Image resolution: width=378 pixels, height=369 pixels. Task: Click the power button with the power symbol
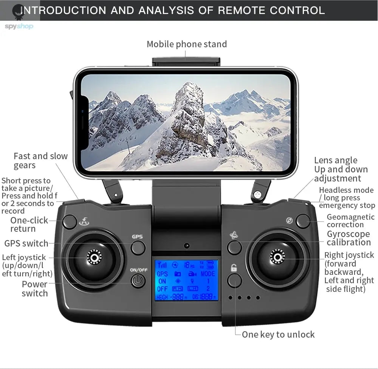coord(138,281)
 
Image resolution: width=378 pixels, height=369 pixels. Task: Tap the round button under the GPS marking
coord(138,248)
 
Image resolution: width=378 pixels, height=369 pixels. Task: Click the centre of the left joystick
coord(94,257)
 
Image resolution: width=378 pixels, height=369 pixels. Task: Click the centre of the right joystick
coord(278,257)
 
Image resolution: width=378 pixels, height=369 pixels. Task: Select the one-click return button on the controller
coord(70,222)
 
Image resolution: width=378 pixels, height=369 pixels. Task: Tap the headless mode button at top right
coord(303,221)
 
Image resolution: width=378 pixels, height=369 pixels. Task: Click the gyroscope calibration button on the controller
coord(234,248)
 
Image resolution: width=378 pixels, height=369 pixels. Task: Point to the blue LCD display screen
coord(186,280)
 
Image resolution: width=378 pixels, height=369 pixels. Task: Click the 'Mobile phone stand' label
coord(187,44)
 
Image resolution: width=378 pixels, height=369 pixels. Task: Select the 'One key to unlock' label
coord(278,334)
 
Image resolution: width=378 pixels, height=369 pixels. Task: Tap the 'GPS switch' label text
coord(26,243)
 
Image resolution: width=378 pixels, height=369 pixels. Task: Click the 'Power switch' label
coord(35,288)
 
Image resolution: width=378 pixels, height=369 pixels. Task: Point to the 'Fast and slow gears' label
coord(40,161)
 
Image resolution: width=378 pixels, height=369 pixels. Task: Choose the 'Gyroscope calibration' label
coord(349,238)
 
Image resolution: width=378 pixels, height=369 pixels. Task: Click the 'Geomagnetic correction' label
coord(350,221)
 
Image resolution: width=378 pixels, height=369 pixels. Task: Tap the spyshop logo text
coord(19,26)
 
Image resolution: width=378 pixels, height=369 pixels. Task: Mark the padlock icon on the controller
coord(234,268)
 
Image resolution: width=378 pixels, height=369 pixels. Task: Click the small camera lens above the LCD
coord(187,246)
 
